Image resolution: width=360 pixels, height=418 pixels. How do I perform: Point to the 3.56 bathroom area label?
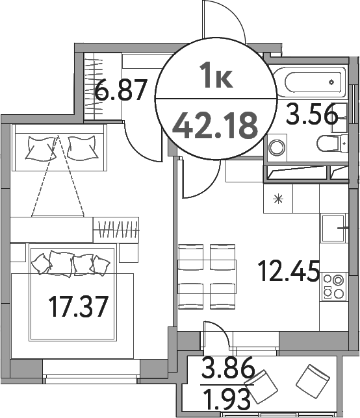(313, 116)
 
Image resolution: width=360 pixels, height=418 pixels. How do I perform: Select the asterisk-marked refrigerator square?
(279, 199)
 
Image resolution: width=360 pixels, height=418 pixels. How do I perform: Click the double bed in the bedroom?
(71, 292)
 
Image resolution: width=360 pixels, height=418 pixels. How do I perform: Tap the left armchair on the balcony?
(265, 386)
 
